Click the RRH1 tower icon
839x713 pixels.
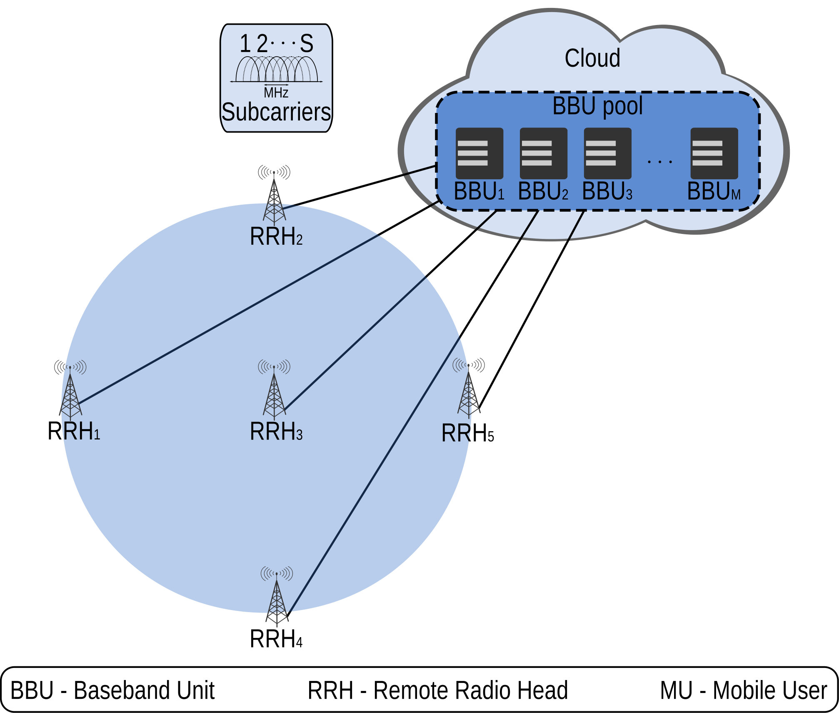[x=70, y=389]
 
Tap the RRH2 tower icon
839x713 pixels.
[x=274, y=195]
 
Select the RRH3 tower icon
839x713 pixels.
[x=274, y=389]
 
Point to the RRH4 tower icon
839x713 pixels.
[x=277, y=596]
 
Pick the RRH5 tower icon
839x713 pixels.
[x=469, y=388]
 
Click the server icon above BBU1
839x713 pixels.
[x=479, y=153]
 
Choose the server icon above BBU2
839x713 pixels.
[x=543, y=153]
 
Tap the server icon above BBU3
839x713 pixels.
[x=607, y=153]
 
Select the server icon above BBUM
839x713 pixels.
[x=714, y=153]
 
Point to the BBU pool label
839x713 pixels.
[x=597, y=106]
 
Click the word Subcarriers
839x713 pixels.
[x=276, y=112]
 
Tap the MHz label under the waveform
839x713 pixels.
[x=276, y=93]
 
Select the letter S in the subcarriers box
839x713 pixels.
[x=307, y=43]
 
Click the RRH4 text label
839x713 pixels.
[x=276, y=639]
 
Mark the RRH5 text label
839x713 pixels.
[x=467, y=433]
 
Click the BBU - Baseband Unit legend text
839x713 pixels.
[x=112, y=690]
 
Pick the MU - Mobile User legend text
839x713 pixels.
[x=744, y=690]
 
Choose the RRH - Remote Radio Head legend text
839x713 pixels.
[x=438, y=690]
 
